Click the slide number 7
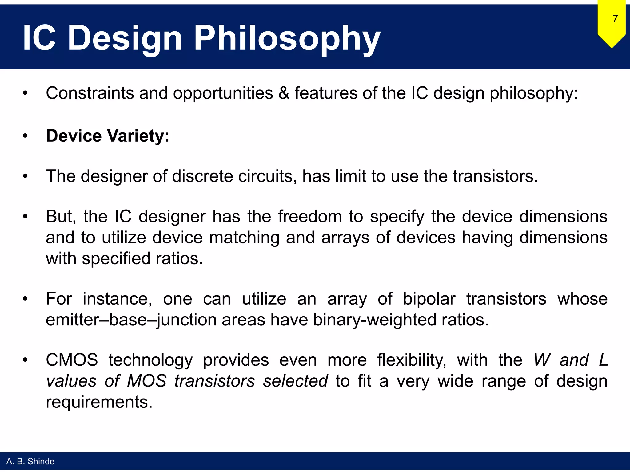[x=615, y=19]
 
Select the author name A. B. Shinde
[x=30, y=461]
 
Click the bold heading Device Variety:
[x=107, y=136]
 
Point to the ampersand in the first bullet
[x=284, y=93]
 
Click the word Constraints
[x=90, y=93]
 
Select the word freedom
[x=310, y=216]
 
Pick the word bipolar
[x=429, y=299]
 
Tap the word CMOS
[x=72, y=360]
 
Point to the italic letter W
[x=542, y=360]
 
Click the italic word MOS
[x=147, y=381]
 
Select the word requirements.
[x=99, y=402]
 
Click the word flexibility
[x=412, y=360]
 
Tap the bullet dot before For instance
[x=25, y=299]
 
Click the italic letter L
[x=603, y=360]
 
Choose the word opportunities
[x=223, y=93]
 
